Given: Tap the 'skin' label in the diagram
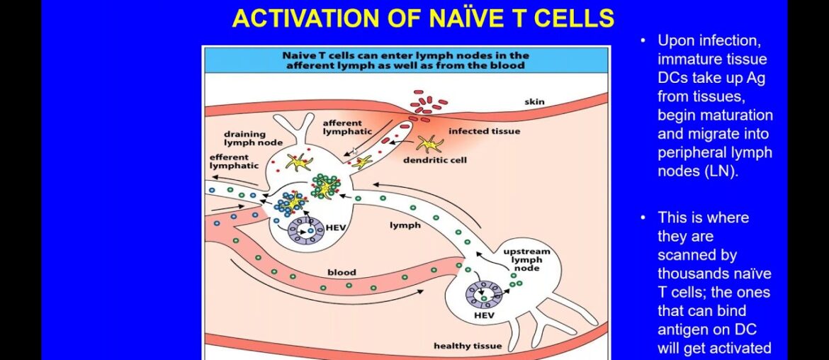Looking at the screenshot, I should (x=534, y=102).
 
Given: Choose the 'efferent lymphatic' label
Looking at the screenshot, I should (x=229, y=161).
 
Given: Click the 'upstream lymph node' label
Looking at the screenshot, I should (x=526, y=260).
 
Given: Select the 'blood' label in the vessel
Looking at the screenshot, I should (x=341, y=272).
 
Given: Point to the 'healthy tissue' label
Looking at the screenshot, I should (x=468, y=346).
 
